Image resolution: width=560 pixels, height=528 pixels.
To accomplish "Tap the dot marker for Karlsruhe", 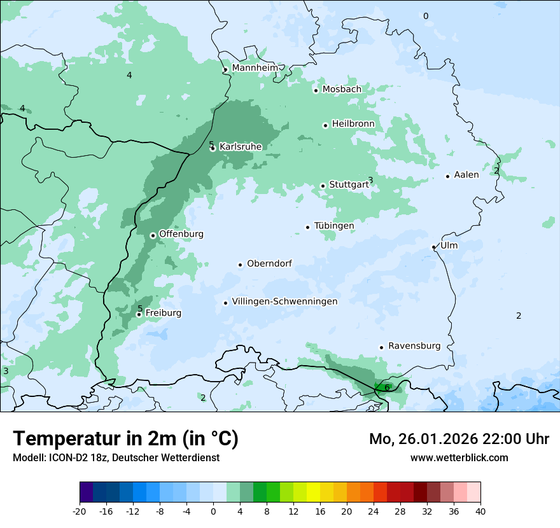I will (213, 148).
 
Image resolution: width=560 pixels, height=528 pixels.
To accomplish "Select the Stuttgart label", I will (348, 184).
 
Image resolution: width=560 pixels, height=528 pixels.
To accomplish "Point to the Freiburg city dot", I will (139, 314).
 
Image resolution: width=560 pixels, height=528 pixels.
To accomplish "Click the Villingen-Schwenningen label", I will (284, 302).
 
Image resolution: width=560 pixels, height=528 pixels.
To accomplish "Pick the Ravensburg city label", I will (414, 346).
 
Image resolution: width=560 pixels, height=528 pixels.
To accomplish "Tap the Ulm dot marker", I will (433, 247).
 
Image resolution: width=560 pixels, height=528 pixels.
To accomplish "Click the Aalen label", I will (466, 175).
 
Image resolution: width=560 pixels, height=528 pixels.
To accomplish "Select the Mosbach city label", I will (342, 89).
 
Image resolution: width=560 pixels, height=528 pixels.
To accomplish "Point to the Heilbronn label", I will (353, 123).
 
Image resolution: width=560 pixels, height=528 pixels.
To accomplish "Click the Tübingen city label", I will (334, 226).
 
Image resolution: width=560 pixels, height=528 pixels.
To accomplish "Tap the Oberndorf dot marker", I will (240, 265).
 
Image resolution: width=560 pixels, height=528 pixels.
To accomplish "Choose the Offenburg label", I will (181, 234).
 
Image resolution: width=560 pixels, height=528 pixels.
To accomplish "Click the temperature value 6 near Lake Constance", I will (387, 387).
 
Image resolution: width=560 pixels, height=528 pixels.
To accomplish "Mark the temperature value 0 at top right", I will (426, 16).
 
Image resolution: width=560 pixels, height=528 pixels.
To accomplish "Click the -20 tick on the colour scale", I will (80, 511).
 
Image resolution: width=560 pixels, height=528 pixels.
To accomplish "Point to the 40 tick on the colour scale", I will (480, 511).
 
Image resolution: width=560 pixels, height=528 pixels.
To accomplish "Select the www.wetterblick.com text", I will (459, 457).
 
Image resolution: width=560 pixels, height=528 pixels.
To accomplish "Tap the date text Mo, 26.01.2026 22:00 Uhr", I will (459, 439).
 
